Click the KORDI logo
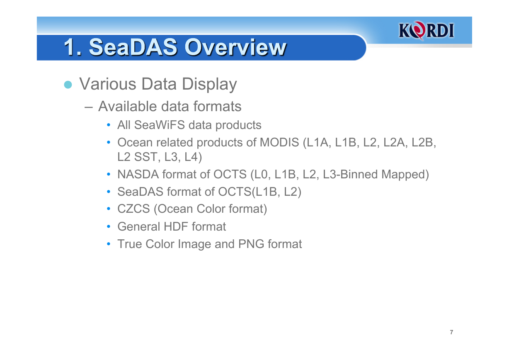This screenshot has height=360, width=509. pos(426,30)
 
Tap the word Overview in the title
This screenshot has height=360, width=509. pos(235,47)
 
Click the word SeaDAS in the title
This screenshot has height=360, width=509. pos(133,47)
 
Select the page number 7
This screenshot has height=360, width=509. pos(451,332)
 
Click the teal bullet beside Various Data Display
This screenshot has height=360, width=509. pos(68,85)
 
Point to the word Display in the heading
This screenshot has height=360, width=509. pos(209,85)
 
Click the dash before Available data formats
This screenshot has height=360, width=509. pos(88,107)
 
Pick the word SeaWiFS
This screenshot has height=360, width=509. pos(160,125)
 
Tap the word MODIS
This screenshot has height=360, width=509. pos(279,143)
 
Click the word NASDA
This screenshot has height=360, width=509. pos(138,175)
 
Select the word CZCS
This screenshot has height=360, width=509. pos(133,209)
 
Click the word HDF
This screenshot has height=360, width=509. pos(176,226)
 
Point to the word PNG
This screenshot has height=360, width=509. pos(251,244)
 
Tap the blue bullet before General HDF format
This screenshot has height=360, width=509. pos(109,226)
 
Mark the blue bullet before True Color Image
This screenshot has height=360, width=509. pos(109,244)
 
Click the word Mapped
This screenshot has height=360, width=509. pos(402,175)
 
